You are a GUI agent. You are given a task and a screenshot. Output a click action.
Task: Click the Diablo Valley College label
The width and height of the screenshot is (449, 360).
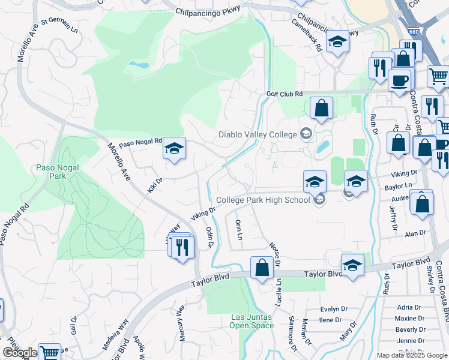pyautogui.click(x=258, y=134)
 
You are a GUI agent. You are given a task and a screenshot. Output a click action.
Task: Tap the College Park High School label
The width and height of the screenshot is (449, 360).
pyautogui.click(x=264, y=200)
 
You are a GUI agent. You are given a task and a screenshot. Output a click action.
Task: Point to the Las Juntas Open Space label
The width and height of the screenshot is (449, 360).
pyautogui.click(x=252, y=321)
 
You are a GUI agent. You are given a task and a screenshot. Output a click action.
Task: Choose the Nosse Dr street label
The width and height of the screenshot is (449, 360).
pyautogui.click(x=276, y=251)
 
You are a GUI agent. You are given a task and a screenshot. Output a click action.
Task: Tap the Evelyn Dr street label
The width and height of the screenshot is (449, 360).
pyautogui.click(x=334, y=309)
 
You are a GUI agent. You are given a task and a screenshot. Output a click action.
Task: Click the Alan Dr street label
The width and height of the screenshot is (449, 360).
pyautogui.click(x=415, y=233)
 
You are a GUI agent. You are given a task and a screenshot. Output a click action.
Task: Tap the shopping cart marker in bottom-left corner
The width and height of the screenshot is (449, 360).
pyautogui.click(x=49, y=352)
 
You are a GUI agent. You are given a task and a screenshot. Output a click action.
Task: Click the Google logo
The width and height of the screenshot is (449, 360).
pyautogui.click(x=20, y=353)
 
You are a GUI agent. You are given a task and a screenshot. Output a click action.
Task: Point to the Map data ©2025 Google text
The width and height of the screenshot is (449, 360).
pyautogui.click(x=411, y=355)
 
